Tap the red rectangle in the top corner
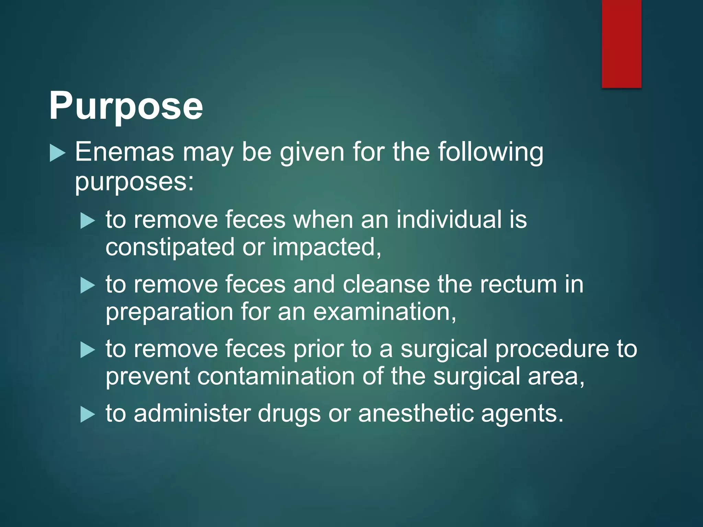(621, 44)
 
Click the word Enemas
(125, 152)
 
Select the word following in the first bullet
(491, 152)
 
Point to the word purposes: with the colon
(134, 182)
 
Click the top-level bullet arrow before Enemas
(57, 153)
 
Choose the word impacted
(326, 247)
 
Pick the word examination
(384, 312)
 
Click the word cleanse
(386, 284)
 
